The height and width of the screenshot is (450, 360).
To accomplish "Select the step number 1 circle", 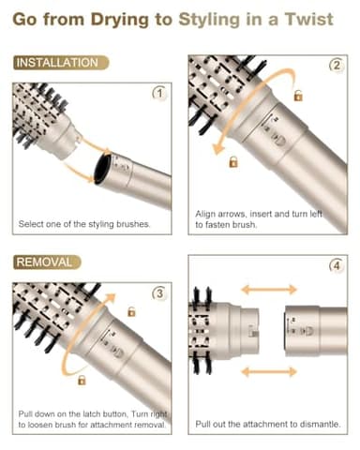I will (158, 93).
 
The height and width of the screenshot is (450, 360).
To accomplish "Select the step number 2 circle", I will (336, 66).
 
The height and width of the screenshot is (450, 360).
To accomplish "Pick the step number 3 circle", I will (158, 293).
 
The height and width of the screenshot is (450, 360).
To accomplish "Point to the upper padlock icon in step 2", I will (298, 96).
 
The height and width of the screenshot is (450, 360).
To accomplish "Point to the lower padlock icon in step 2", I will (233, 162).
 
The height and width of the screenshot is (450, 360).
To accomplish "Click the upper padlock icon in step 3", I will (131, 311).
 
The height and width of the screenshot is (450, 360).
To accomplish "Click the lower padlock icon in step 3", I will (82, 380).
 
